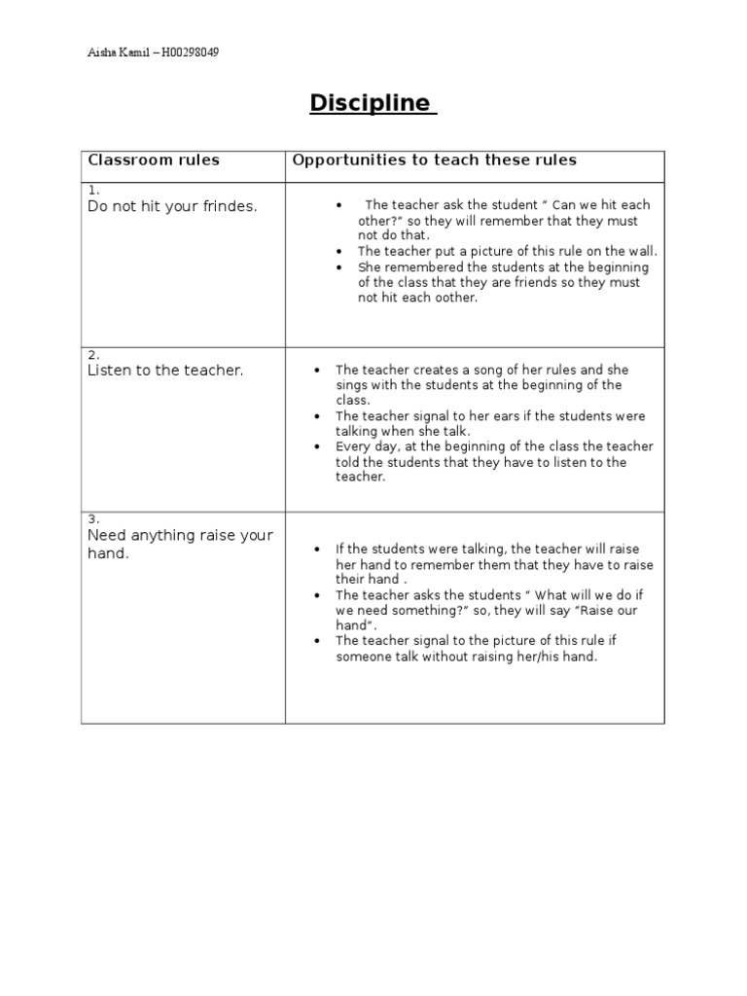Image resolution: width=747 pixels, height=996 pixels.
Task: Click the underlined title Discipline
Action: click(x=373, y=103)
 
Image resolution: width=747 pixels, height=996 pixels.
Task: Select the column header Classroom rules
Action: click(x=154, y=160)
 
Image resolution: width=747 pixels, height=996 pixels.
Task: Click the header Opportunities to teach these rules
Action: click(x=435, y=160)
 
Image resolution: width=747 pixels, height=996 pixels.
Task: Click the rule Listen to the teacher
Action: click(x=165, y=371)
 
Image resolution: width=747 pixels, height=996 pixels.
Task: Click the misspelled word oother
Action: click(x=456, y=298)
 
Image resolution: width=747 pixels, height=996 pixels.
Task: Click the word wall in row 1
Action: click(x=643, y=251)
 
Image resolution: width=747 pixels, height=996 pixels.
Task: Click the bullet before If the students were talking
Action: click(x=317, y=550)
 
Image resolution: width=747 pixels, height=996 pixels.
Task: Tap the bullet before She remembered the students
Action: click(x=338, y=267)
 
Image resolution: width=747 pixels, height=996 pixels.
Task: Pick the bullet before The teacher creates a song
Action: click(x=317, y=371)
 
